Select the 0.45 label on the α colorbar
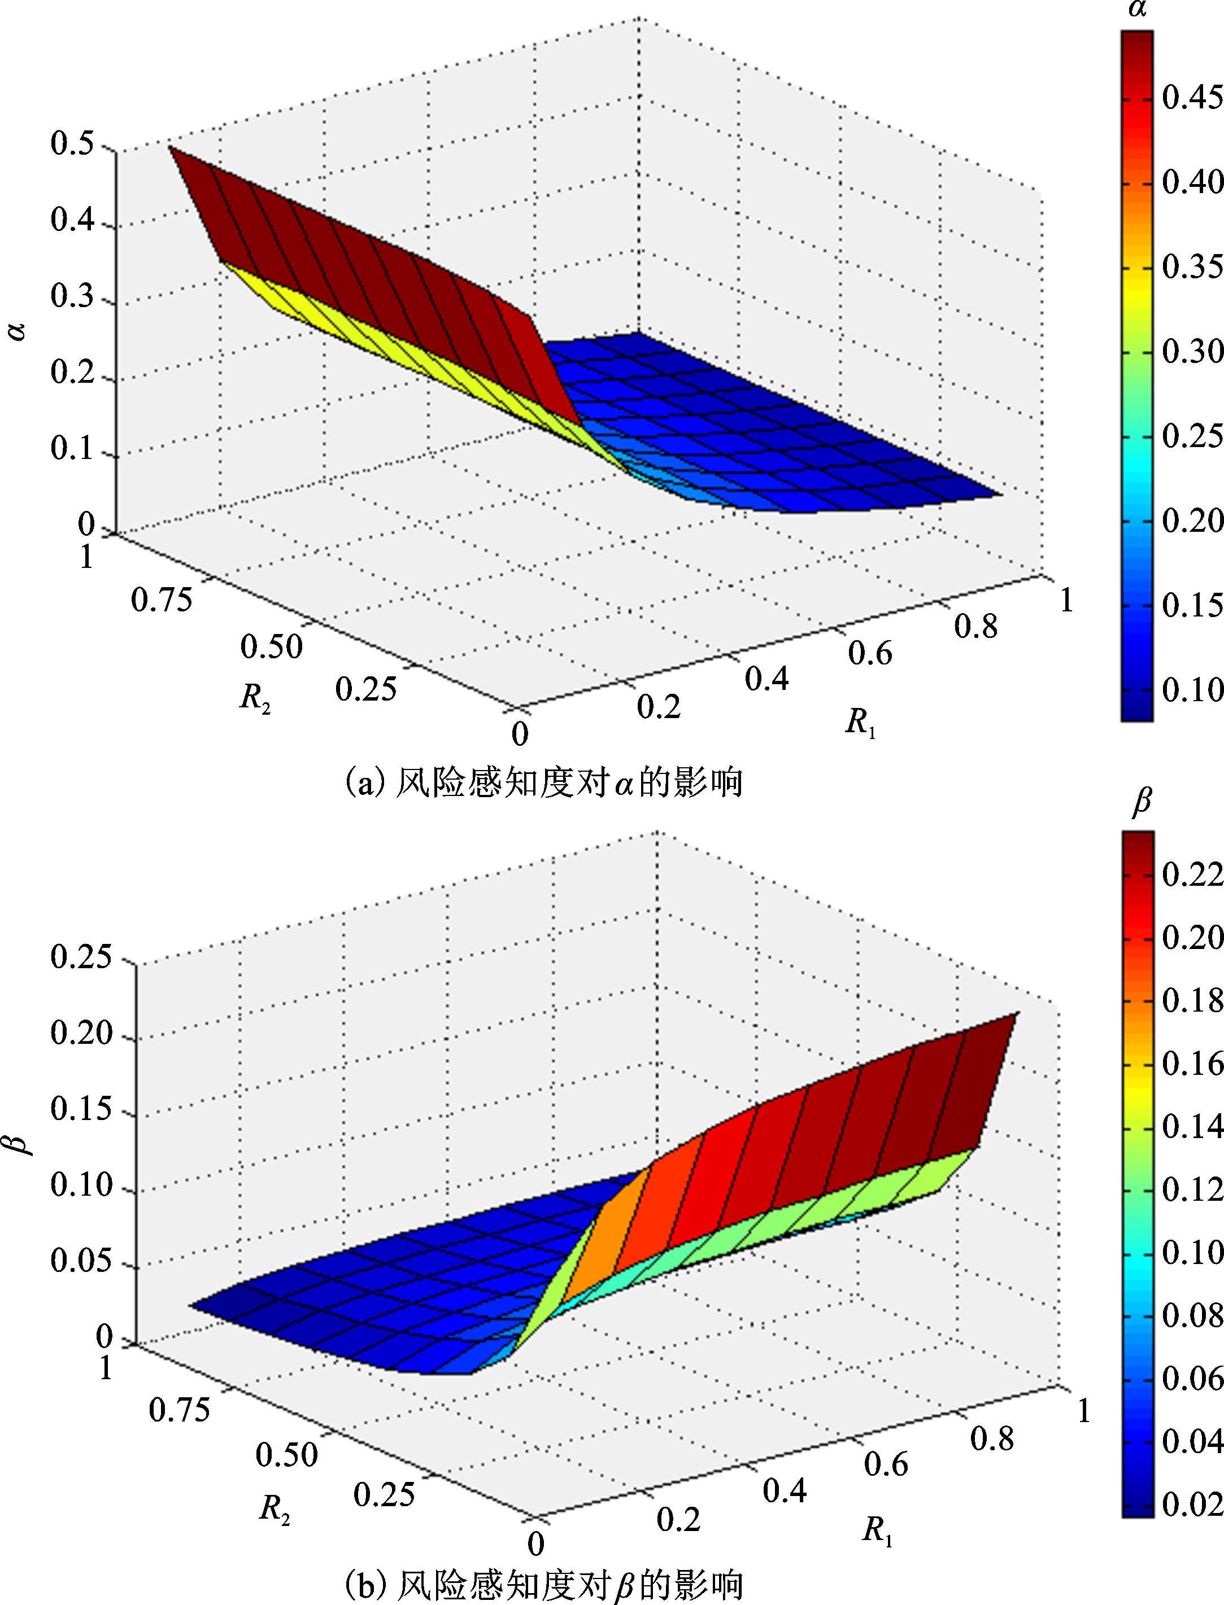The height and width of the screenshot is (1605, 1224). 1191,98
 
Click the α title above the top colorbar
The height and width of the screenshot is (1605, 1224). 1136,11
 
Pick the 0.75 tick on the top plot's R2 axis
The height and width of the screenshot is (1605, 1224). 162,601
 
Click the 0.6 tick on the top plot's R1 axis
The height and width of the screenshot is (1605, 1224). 869,653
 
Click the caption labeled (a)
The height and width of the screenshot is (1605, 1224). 542,784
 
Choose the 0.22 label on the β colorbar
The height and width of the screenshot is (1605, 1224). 1191,874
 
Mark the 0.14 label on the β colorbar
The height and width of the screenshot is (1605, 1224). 1191,1127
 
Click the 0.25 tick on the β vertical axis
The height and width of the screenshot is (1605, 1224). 81,957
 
